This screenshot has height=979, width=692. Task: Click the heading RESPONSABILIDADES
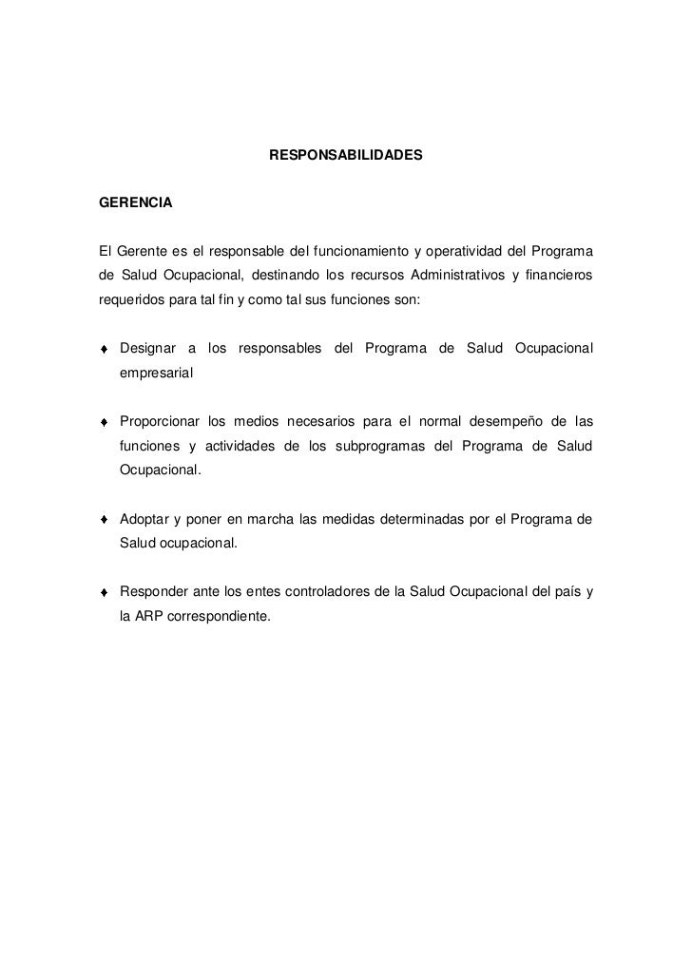point(346,154)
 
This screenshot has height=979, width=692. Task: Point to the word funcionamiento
point(354,251)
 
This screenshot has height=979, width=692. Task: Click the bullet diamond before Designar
point(105,351)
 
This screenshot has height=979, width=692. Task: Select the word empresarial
point(156,374)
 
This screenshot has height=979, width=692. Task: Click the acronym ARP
point(153,617)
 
